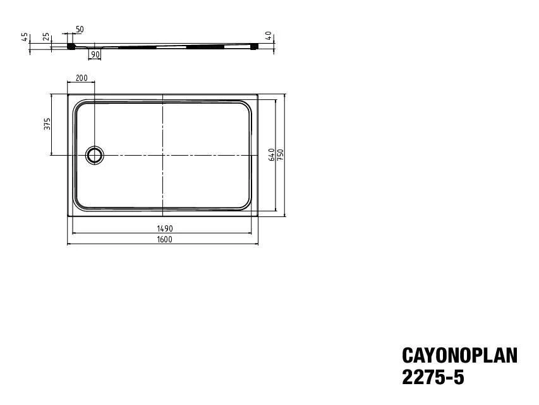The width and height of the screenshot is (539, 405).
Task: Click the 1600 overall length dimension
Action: click(164, 239)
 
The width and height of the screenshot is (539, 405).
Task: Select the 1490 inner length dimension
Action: click(165, 228)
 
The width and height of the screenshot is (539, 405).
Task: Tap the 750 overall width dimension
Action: click(281, 155)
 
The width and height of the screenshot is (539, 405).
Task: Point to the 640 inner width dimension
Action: click(272, 155)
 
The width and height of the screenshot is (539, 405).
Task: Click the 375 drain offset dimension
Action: click(47, 124)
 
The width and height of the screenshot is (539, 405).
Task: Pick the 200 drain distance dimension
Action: click(82, 78)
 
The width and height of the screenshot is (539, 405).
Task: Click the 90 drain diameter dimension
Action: click(95, 54)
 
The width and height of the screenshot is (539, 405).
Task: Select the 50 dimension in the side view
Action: click(80, 29)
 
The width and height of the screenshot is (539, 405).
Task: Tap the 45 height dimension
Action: click(25, 37)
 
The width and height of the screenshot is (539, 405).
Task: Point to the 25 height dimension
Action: click(46, 37)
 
